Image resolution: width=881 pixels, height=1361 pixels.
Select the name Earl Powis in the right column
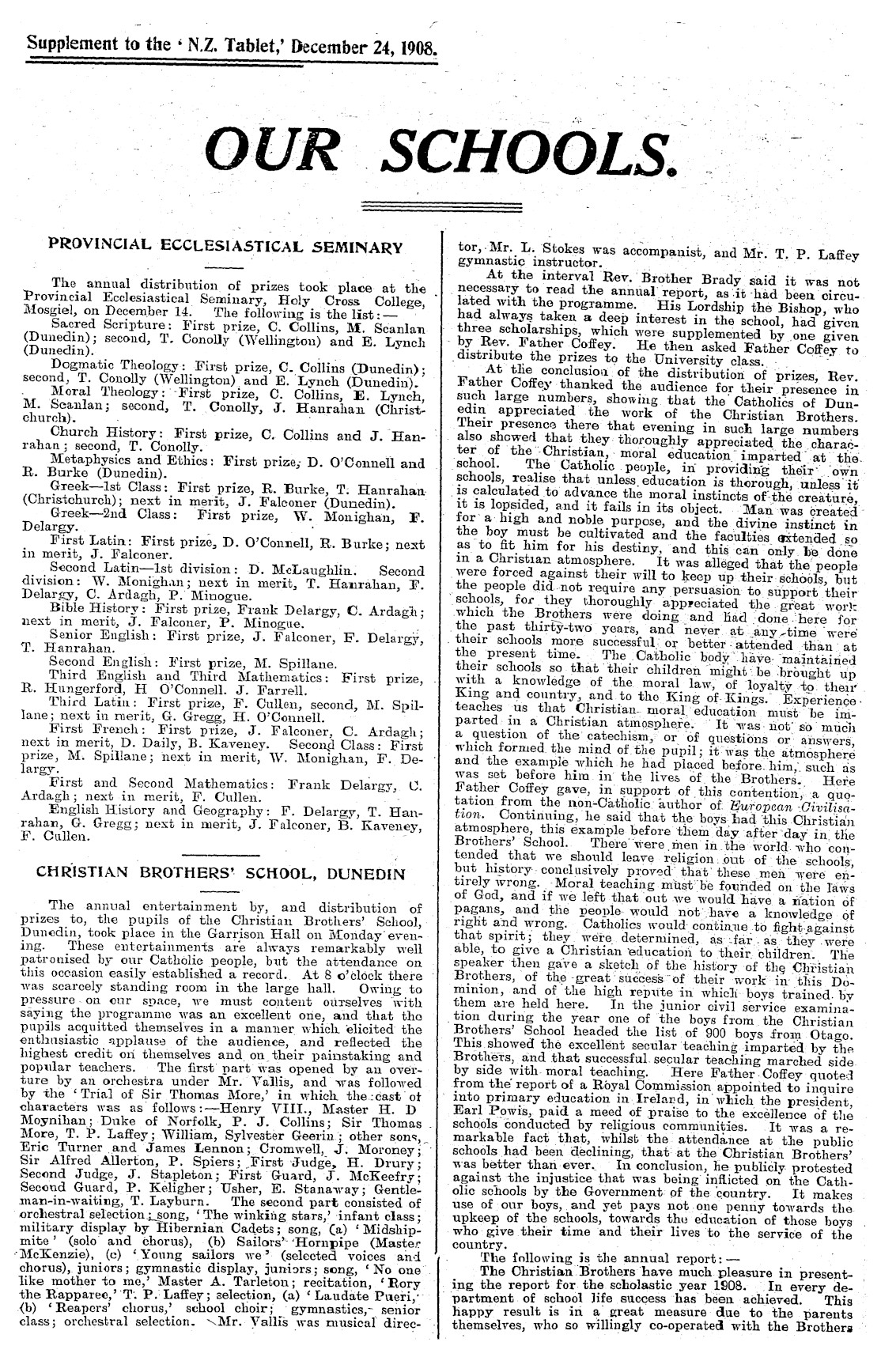click(x=488, y=1094)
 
